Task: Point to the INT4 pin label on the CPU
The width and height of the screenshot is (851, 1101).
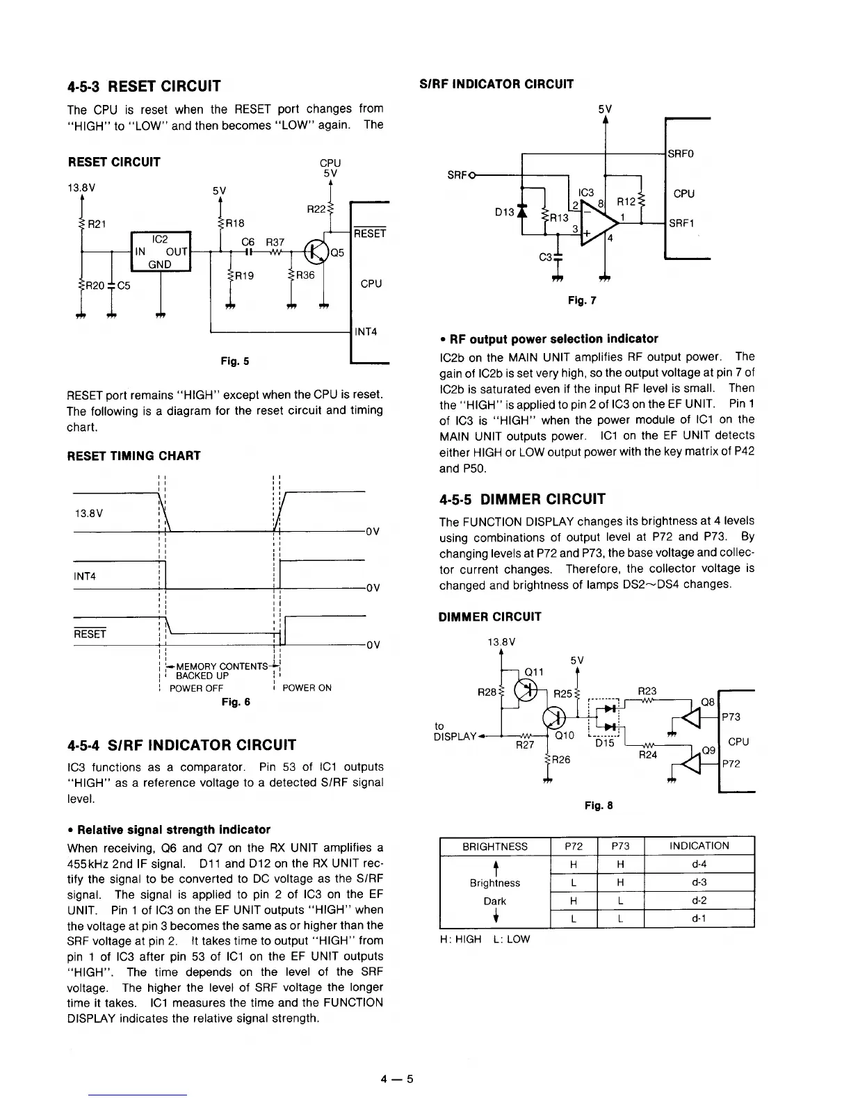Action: [366, 332]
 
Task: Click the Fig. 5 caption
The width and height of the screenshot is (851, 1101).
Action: [234, 361]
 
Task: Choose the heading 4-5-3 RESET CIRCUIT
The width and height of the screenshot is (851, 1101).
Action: [144, 86]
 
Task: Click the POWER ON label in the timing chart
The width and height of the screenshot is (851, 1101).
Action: [307, 687]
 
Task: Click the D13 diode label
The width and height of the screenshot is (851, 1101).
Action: [504, 211]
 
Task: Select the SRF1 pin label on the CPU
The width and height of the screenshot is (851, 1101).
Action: [682, 223]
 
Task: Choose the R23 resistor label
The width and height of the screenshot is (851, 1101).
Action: [647, 691]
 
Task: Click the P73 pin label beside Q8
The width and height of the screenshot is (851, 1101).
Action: [731, 717]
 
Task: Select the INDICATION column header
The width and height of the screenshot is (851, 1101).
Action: [699, 846]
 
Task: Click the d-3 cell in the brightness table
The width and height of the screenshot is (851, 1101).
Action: [699, 882]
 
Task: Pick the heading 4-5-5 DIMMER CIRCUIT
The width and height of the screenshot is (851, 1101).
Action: [522, 499]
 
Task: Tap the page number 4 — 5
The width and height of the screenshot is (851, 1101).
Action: [397, 1079]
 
